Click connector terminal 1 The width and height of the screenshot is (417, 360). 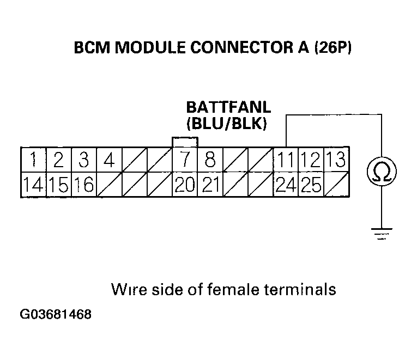pyautogui.click(x=34, y=160)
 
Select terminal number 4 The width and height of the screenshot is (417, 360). pyautogui.click(x=109, y=160)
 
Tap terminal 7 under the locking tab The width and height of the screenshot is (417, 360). pyautogui.click(x=185, y=160)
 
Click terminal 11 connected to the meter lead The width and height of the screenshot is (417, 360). pyautogui.click(x=286, y=160)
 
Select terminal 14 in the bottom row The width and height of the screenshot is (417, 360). pyautogui.click(x=34, y=186)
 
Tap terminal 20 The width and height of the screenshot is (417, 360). pyautogui.click(x=185, y=186)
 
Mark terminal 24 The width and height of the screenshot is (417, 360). pyautogui.click(x=286, y=186)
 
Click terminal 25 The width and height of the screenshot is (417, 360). pyautogui.click(x=311, y=186)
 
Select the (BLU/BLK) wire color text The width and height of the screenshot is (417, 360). pyautogui.click(x=226, y=124)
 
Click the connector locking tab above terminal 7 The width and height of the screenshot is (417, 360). pyautogui.click(x=185, y=142)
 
